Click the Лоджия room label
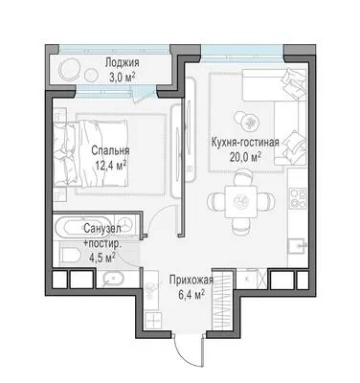[x=123, y=62]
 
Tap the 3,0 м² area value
[x=123, y=78]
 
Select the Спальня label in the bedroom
[x=110, y=150]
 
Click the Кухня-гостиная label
[x=245, y=143]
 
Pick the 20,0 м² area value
[x=245, y=157]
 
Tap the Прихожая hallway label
[x=191, y=281]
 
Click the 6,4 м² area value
[x=191, y=295]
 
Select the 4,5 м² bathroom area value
[x=102, y=258]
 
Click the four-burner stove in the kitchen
[x=298, y=198]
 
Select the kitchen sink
[x=297, y=246]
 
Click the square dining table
[x=240, y=202]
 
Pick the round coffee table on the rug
[x=251, y=122]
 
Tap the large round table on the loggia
[x=70, y=70]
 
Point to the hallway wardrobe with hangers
[x=222, y=301]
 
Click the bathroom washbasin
[x=114, y=279]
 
